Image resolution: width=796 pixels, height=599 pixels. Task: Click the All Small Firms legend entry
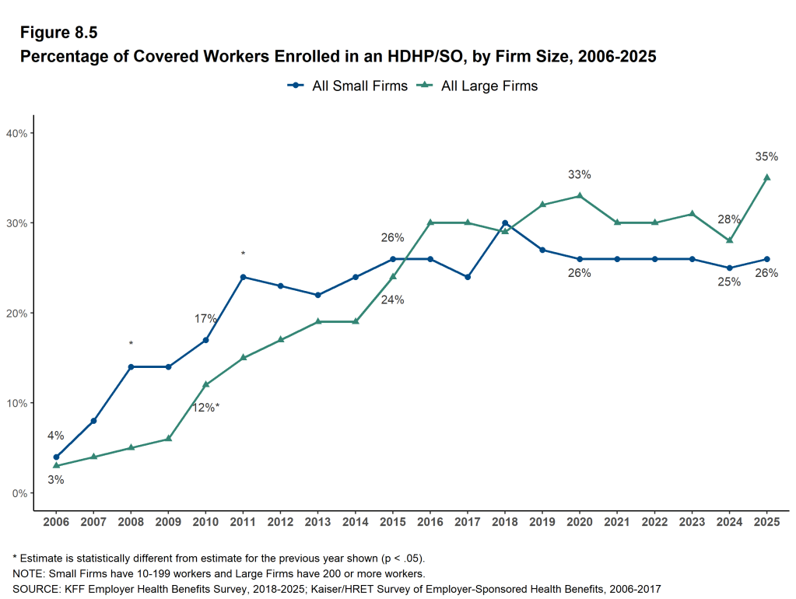348,86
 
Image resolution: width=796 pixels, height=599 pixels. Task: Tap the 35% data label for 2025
766,156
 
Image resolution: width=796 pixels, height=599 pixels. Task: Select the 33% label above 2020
580,174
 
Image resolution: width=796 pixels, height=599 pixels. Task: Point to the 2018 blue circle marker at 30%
505,223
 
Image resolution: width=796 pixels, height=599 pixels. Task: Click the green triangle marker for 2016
430,222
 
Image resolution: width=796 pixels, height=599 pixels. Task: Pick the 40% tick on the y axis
17,133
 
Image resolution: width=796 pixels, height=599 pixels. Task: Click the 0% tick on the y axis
19,493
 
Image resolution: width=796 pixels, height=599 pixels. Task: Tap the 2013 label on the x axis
317,520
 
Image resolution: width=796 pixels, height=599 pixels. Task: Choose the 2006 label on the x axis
56,520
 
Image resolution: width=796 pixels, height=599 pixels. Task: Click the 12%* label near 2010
205,407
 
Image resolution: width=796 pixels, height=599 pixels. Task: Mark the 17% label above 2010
205,319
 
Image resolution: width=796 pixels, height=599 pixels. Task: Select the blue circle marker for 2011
243,277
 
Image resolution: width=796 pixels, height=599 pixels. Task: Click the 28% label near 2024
729,219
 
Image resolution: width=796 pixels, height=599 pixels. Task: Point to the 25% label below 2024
729,282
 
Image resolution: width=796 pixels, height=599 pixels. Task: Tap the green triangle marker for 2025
766,177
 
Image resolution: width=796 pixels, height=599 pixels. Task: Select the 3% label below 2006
56,480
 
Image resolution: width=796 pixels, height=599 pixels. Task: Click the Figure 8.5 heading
59,33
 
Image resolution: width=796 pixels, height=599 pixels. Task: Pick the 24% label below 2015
393,299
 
